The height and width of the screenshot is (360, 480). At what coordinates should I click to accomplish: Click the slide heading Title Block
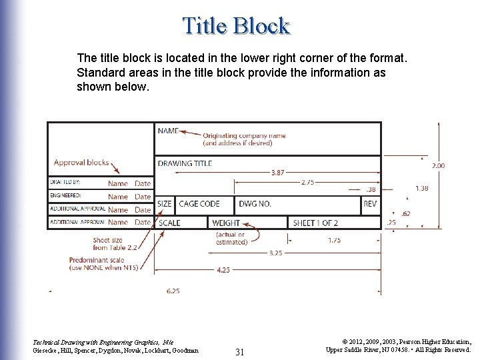236,26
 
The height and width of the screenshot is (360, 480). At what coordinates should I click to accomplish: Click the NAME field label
168,131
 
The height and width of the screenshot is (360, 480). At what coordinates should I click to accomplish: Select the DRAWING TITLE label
185,163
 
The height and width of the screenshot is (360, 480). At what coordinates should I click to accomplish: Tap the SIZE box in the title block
164,203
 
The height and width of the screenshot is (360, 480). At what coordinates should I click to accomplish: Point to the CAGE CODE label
199,203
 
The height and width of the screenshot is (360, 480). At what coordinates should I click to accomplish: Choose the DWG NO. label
255,203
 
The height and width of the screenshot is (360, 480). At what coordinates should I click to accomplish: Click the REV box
370,203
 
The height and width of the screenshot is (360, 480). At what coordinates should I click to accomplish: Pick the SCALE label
169,223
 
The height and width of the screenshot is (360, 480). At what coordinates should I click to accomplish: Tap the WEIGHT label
226,223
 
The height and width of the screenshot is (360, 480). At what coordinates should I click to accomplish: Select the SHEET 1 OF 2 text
315,223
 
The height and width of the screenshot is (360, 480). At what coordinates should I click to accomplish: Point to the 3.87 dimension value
278,173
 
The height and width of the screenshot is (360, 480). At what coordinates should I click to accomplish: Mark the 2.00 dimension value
439,165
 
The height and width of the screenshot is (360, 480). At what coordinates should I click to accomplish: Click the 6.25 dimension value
173,291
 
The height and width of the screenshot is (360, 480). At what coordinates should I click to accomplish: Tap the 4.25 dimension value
224,270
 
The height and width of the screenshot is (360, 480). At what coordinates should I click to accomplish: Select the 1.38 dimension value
421,189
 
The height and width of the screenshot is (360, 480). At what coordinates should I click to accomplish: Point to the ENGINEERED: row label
65,196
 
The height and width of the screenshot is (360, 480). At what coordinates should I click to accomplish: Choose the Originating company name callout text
244,139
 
